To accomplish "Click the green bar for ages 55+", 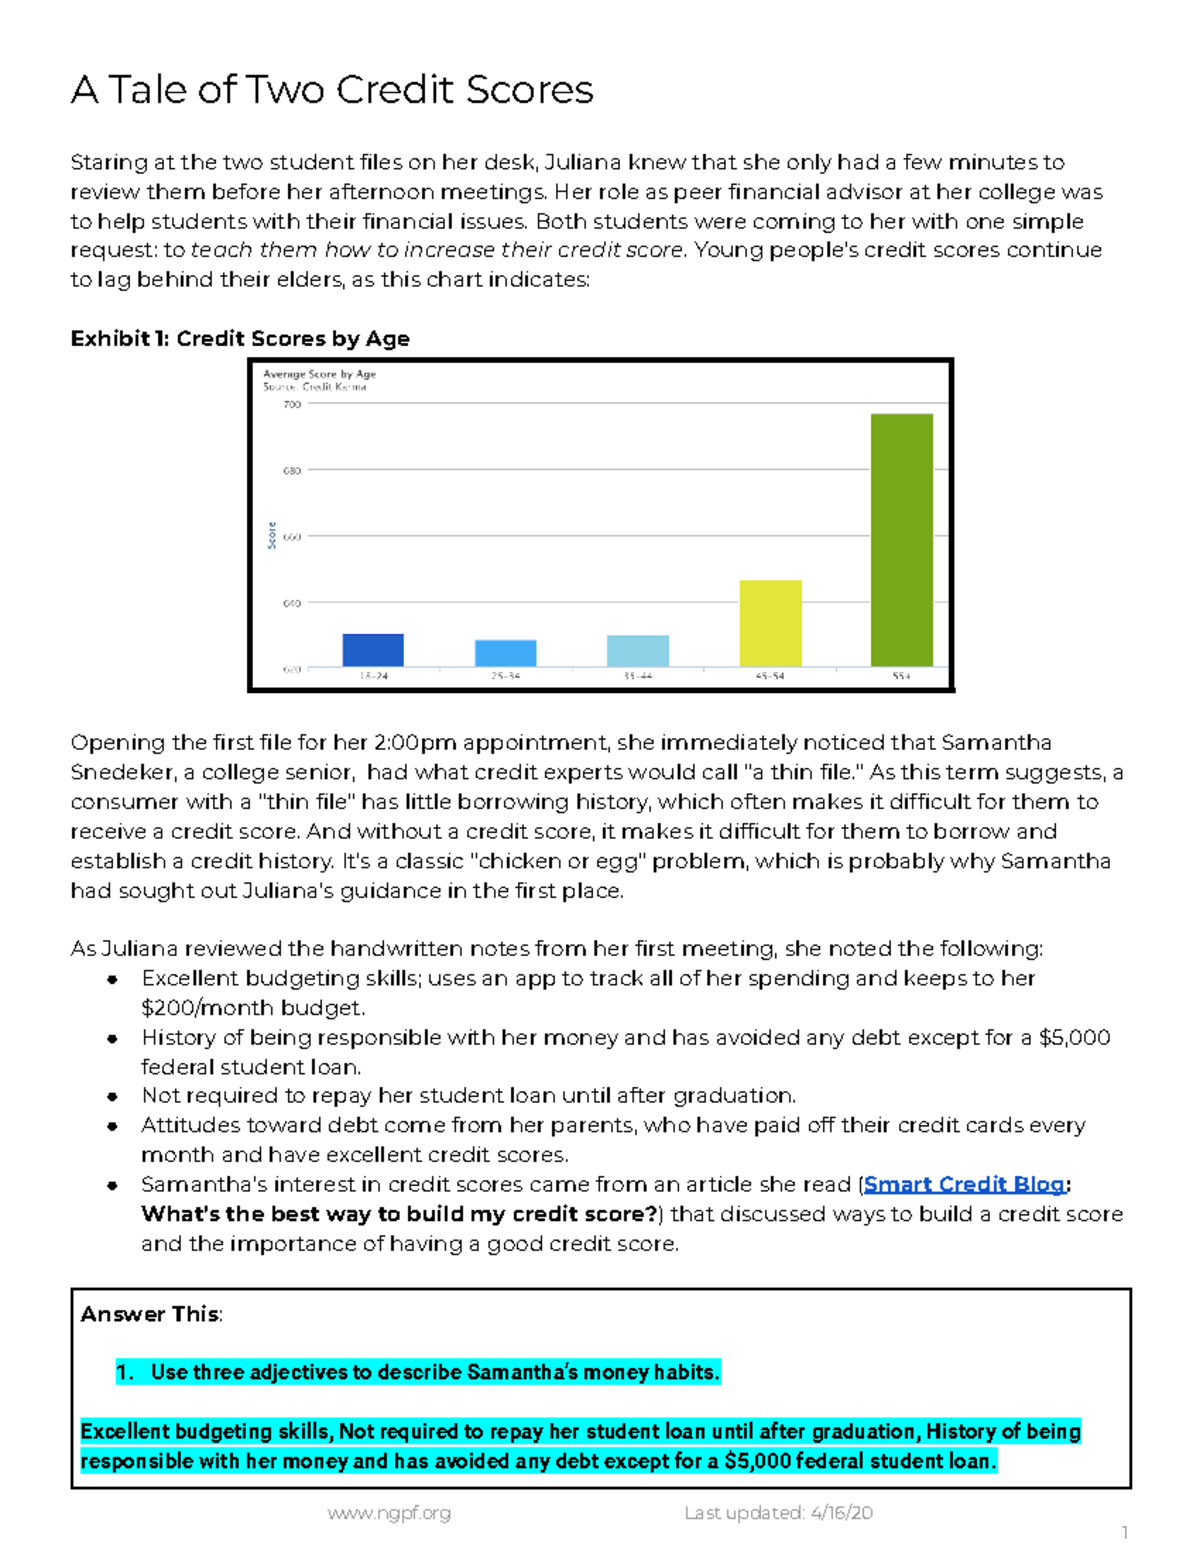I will coord(901,540).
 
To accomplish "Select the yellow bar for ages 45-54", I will coord(770,623).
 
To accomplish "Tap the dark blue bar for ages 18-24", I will coord(373,650).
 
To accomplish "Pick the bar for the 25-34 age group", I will coord(505,653).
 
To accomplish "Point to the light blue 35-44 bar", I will coord(637,651).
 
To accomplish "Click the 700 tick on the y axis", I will coord(291,405).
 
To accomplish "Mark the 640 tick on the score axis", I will coord(291,603).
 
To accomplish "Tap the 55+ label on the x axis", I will coord(901,677).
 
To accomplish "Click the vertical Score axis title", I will coord(271,536).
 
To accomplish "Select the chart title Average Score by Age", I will coord(319,374).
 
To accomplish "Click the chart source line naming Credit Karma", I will coord(314,387).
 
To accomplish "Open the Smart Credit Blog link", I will coord(964,1185).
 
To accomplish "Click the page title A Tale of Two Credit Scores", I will coord(332,90).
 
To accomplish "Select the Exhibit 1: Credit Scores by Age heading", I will coord(240,339).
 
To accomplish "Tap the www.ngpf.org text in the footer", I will coord(389,1513).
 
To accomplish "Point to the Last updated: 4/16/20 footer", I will coord(778,1513).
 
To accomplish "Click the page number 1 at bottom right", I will coord(1125,1533).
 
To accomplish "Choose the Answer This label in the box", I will coord(150,1314).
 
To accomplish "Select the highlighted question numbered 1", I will coord(418,1373).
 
